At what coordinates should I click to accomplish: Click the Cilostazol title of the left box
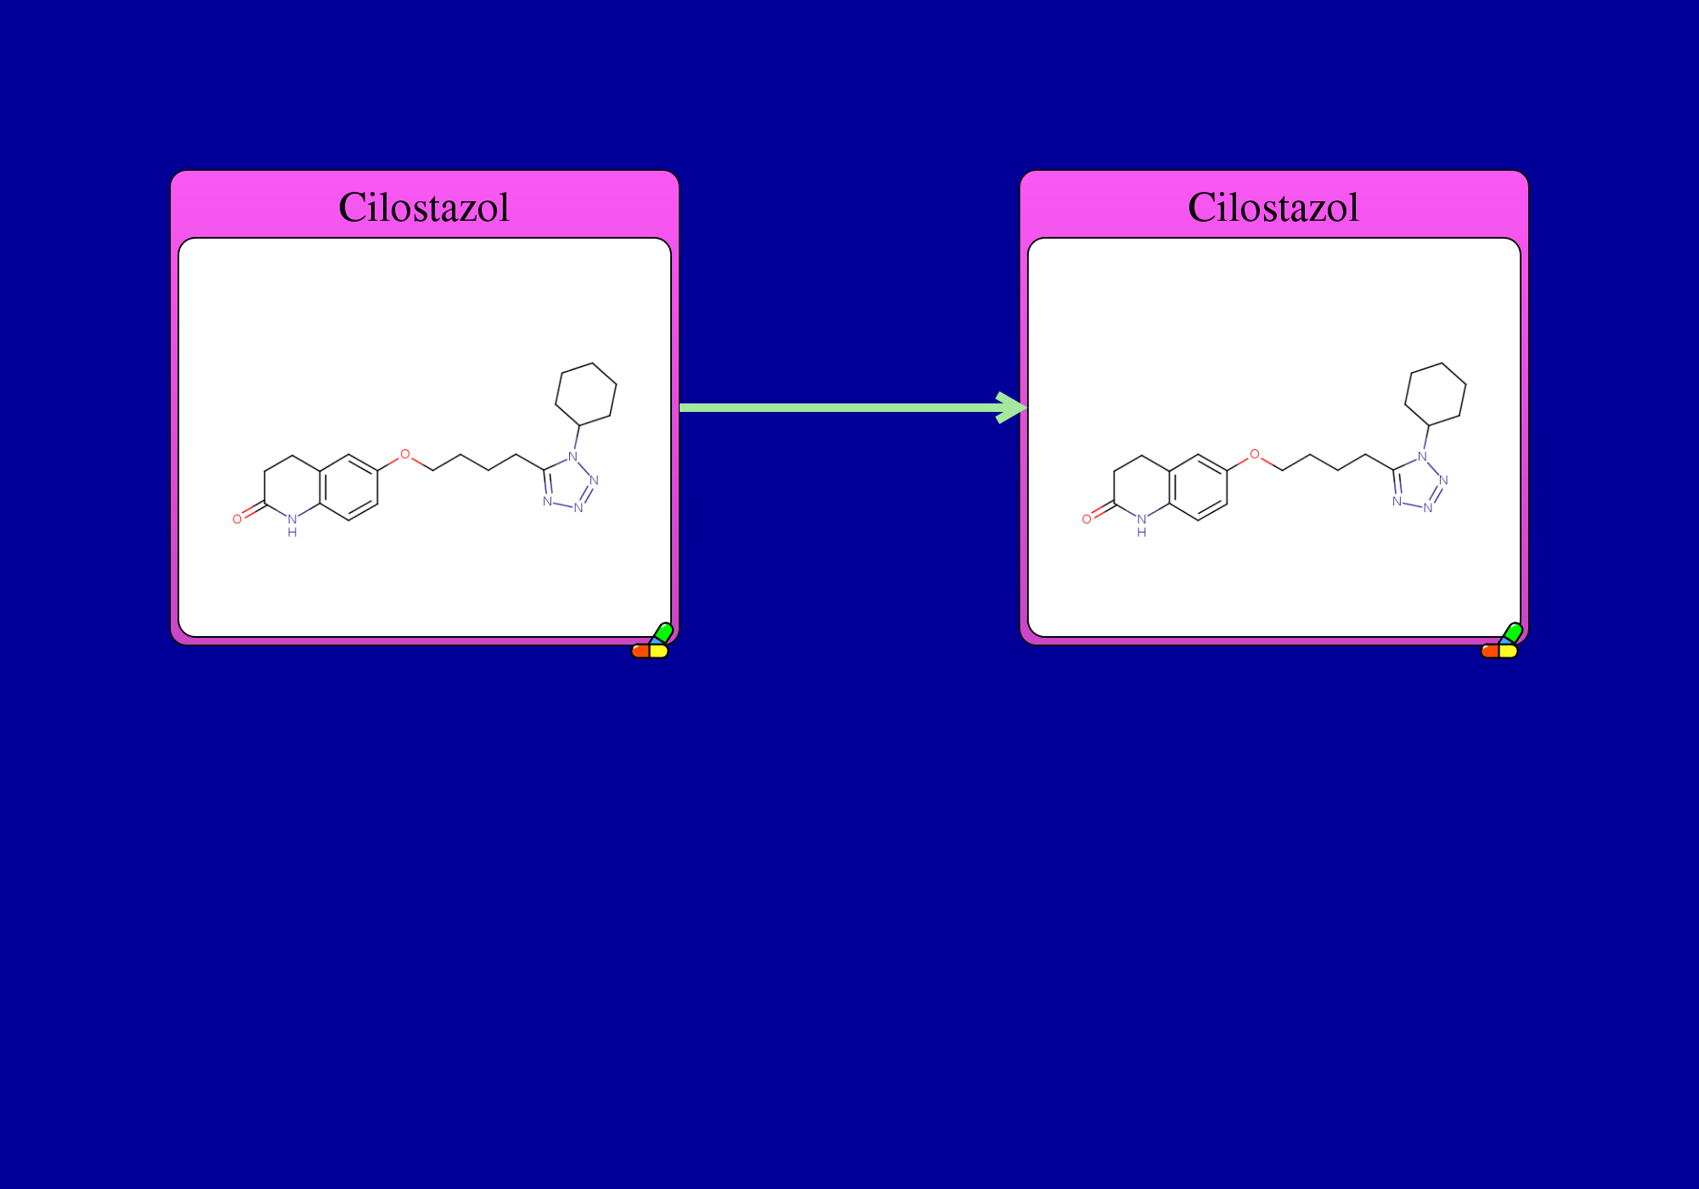[x=424, y=207]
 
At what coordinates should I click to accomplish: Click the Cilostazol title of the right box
[x=1273, y=207]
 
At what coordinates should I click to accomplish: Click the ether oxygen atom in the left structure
[x=405, y=454]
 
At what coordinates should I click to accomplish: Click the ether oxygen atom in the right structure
[x=1255, y=454]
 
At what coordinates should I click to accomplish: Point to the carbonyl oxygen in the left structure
[x=237, y=519]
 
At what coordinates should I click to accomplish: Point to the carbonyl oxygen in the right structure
[x=1087, y=519]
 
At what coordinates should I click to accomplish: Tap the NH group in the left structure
[x=292, y=525]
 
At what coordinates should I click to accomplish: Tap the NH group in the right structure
[x=1142, y=525]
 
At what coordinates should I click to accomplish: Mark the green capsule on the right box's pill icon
[x=1512, y=633]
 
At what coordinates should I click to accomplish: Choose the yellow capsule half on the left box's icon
[x=659, y=651]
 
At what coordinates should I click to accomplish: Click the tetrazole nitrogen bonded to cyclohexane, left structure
[x=573, y=456]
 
